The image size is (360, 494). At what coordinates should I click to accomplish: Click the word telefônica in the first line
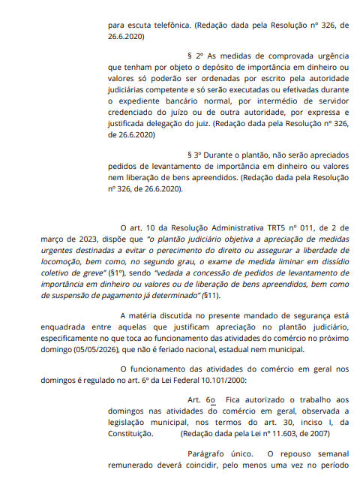165,25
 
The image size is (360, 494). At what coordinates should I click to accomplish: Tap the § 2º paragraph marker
194,56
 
